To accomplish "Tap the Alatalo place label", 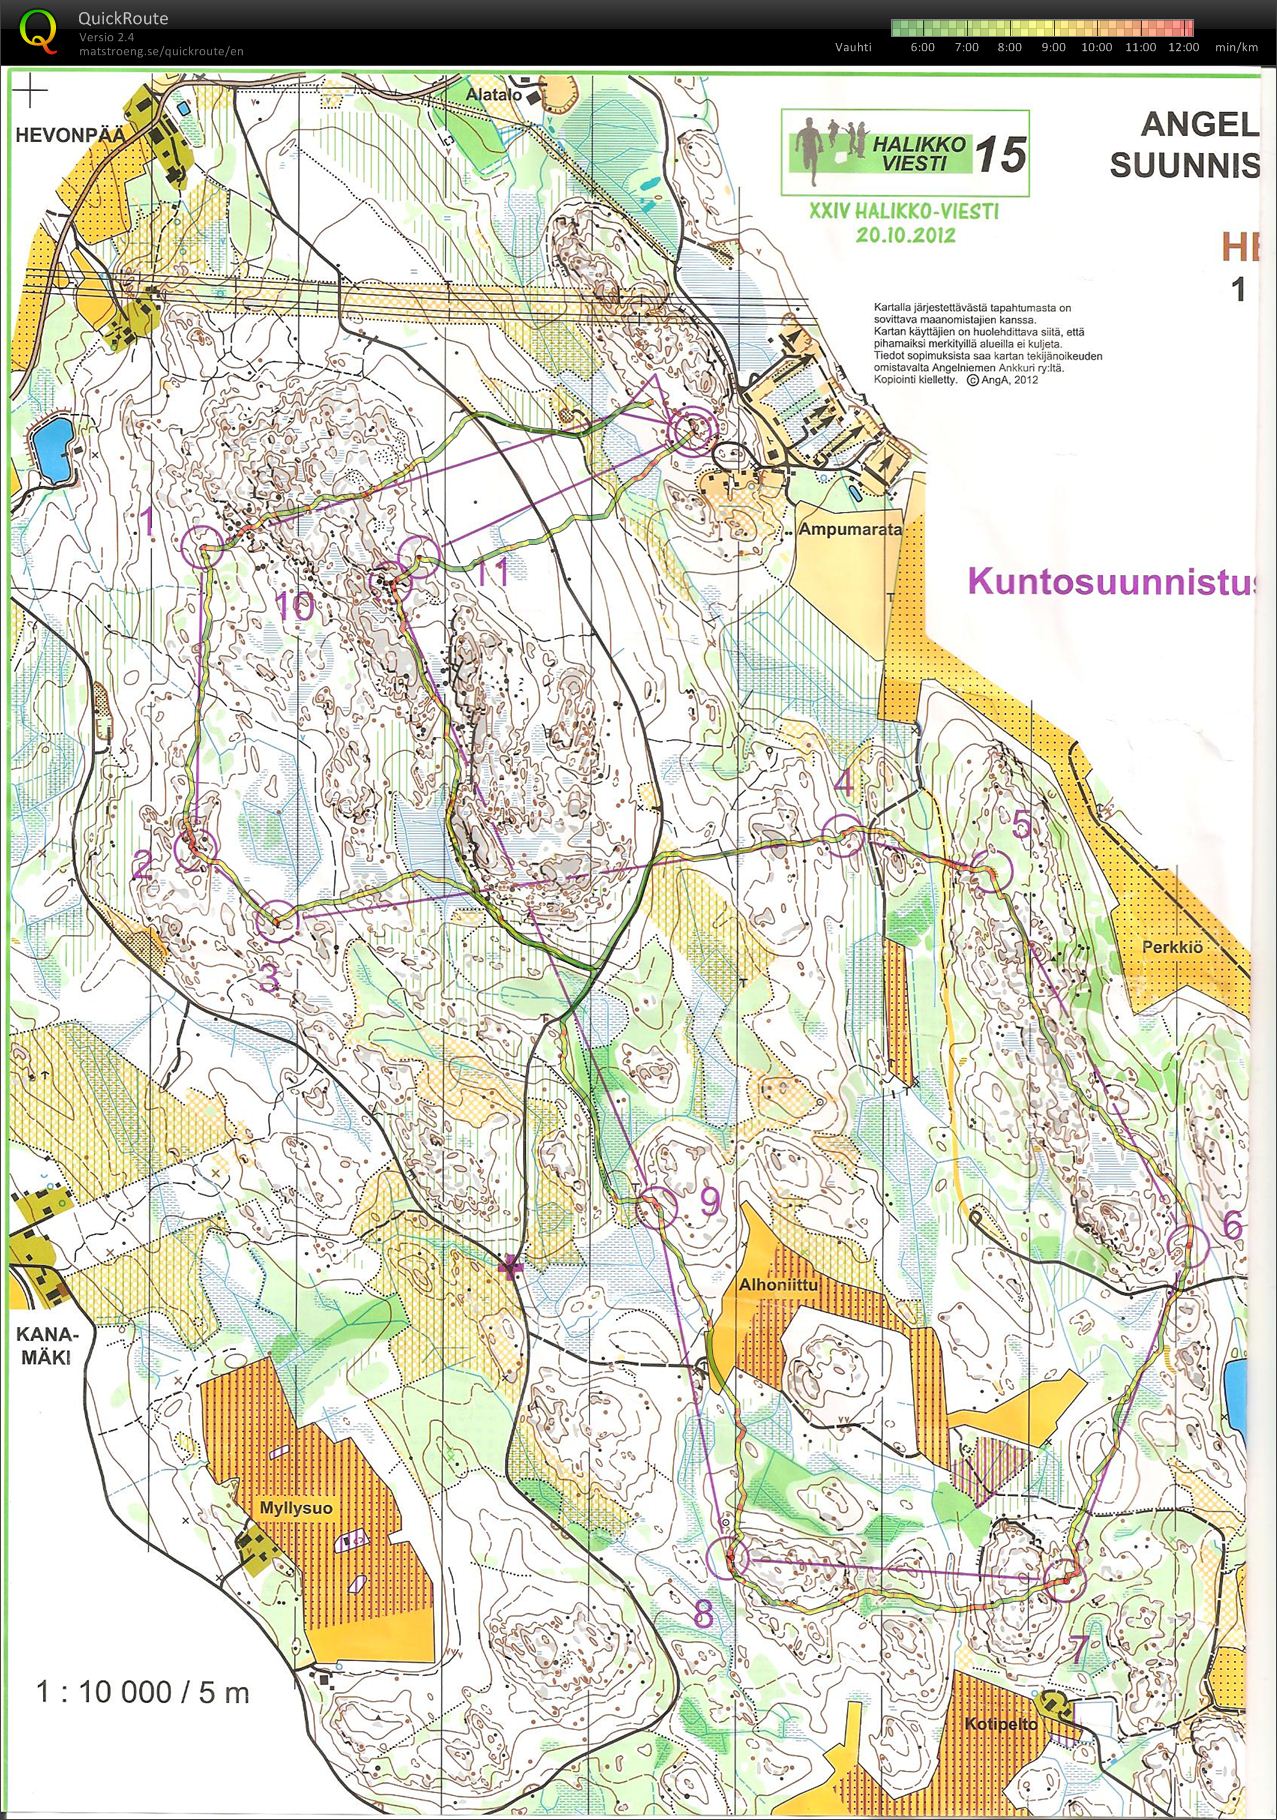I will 494,95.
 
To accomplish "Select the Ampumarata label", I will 850,529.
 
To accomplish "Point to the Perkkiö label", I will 1172,946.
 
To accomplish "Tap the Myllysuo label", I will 296,1507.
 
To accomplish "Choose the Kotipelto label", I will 1001,1723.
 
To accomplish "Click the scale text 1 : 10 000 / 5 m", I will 142,1691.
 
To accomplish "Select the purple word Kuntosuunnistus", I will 1110,581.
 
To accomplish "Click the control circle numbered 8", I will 728,1558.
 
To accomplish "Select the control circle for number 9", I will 657,1207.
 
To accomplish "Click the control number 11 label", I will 492,572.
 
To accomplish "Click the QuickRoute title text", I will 123,18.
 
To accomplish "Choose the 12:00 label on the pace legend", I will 1184,47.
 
